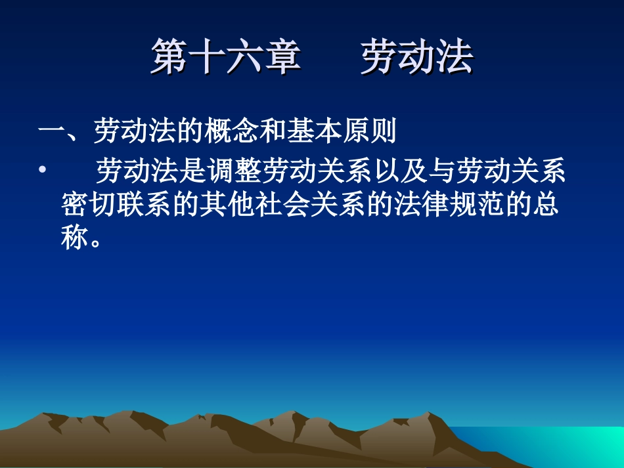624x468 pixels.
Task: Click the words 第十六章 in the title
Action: pos(226,57)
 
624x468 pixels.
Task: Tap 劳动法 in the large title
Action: pos(416,57)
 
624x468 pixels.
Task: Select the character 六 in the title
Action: pos(244,57)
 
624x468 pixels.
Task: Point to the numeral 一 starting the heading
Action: pos(51,132)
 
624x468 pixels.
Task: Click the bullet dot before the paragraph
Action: pos(43,171)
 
